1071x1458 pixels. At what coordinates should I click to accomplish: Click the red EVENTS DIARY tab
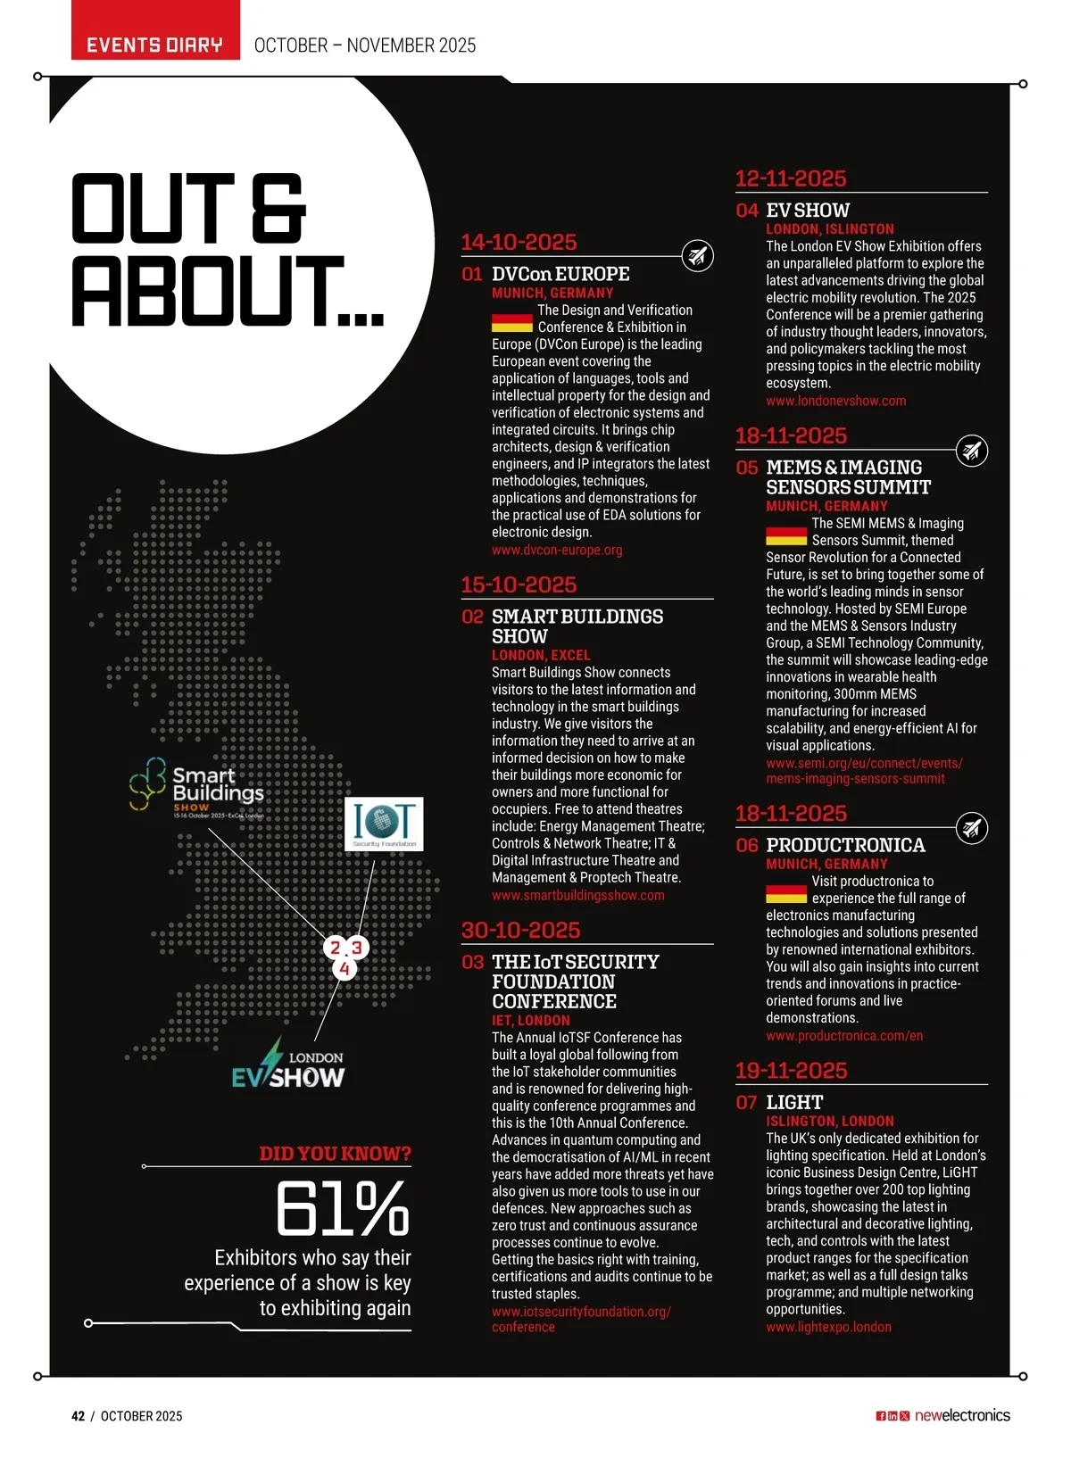point(154,45)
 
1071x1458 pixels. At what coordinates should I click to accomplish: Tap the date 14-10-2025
point(519,242)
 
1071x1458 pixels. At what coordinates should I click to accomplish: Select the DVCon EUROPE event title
point(560,274)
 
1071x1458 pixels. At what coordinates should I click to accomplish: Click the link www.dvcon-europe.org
point(557,550)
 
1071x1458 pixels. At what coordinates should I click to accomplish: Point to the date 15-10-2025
point(519,584)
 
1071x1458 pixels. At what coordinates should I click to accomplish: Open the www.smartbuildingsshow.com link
point(577,895)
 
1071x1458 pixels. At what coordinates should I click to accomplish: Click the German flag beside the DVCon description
point(511,323)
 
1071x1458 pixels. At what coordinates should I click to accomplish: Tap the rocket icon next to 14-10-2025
point(697,256)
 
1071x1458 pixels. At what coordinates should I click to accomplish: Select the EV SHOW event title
point(808,211)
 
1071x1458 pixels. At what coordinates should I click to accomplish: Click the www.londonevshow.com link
point(835,401)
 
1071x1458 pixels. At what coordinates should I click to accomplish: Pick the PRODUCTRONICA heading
point(845,845)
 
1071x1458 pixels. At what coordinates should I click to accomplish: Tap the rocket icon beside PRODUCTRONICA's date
point(971,828)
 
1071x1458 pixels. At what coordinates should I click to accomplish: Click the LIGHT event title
point(794,1102)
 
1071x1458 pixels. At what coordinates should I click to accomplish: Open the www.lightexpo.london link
point(828,1327)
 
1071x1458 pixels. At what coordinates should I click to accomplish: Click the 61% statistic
point(343,1210)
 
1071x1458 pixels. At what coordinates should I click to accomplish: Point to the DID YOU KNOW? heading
point(335,1154)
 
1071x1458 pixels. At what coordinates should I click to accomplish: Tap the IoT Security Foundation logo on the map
point(384,824)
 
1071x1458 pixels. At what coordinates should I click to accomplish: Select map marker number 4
point(345,968)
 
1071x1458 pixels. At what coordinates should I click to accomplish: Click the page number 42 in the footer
point(79,1416)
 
